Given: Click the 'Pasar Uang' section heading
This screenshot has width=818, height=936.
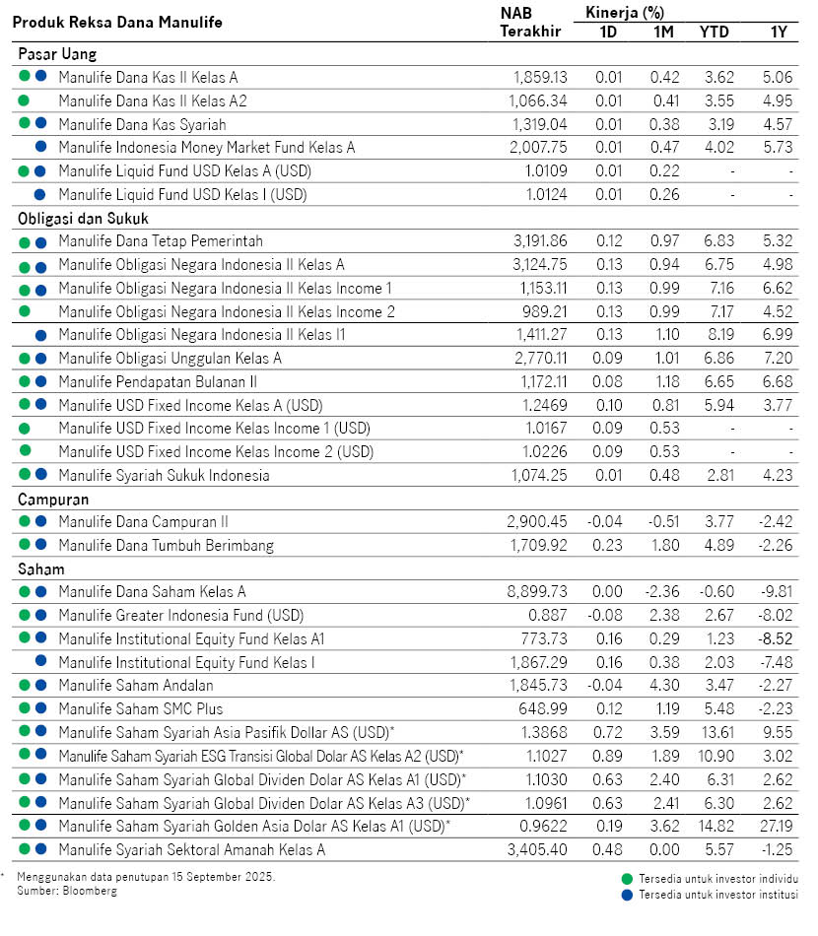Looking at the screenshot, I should (56, 54).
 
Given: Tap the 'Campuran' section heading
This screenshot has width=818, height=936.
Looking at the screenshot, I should (53, 499).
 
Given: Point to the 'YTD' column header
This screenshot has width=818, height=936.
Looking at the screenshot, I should (714, 31).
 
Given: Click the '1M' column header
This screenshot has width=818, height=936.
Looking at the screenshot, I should (663, 31).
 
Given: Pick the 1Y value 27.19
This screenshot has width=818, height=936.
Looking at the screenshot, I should (778, 826).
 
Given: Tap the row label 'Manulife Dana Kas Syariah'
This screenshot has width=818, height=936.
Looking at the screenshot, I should (142, 124).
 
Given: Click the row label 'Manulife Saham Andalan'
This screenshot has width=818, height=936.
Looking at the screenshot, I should (136, 685).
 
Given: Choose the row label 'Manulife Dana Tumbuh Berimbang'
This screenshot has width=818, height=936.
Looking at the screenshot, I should (166, 545).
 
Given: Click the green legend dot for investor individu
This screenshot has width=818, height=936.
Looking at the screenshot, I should (626, 878).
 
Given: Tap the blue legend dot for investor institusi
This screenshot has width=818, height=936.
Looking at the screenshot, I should (626, 895).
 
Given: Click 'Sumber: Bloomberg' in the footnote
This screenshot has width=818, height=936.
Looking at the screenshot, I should (67, 891).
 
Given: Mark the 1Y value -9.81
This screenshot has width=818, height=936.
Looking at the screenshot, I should (777, 591).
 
